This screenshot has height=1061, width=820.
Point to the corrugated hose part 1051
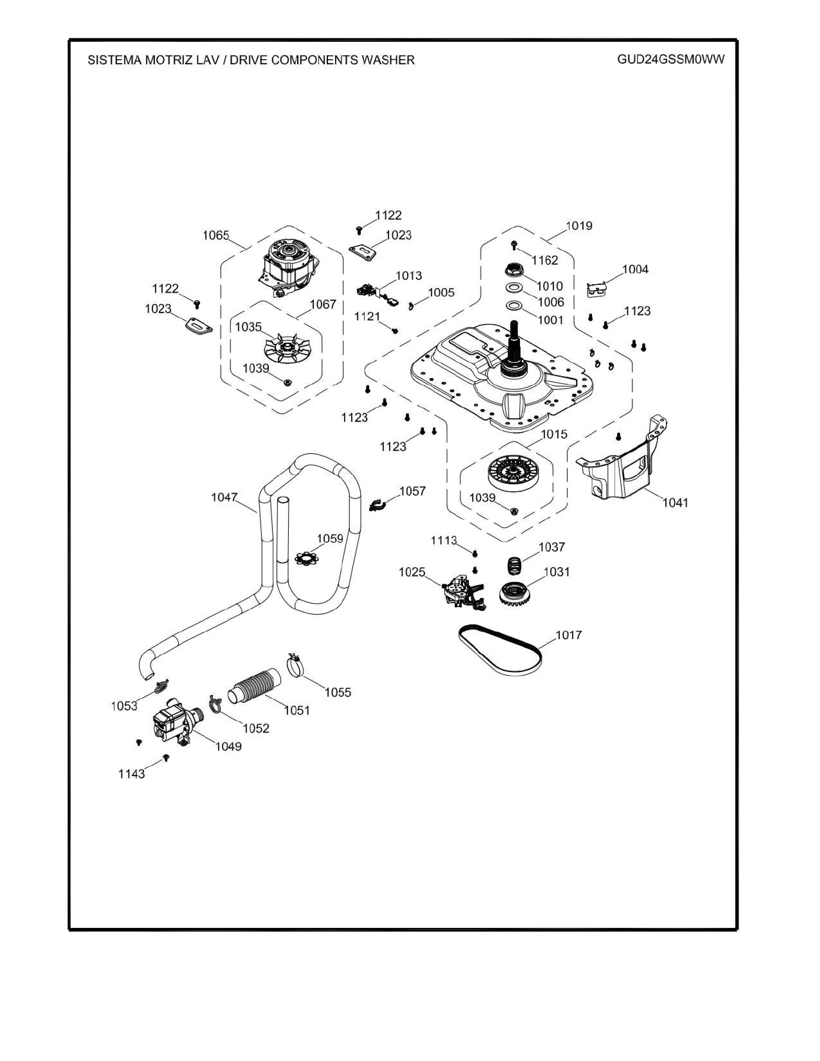click(255, 685)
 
